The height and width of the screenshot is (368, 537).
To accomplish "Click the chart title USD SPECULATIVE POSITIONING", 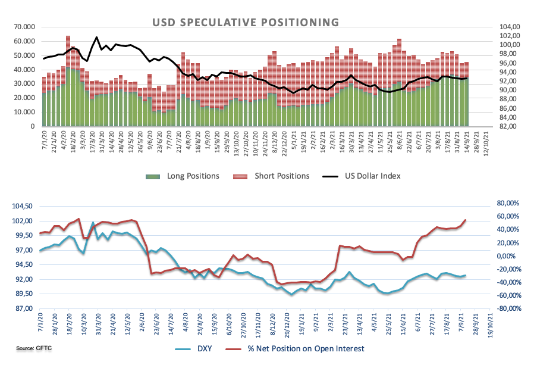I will pyautogui.click(x=246, y=23).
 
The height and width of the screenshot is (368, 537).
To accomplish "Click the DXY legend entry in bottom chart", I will pyautogui.click(x=205, y=348).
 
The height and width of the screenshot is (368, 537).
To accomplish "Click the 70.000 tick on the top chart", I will pyautogui.click(x=24, y=27).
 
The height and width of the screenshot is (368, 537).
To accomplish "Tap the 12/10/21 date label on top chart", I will pyautogui.click(x=488, y=143).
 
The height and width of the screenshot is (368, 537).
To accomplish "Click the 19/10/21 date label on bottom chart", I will pyautogui.click(x=488, y=325).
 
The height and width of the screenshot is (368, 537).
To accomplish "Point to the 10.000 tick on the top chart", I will pyautogui.click(x=24, y=112).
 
